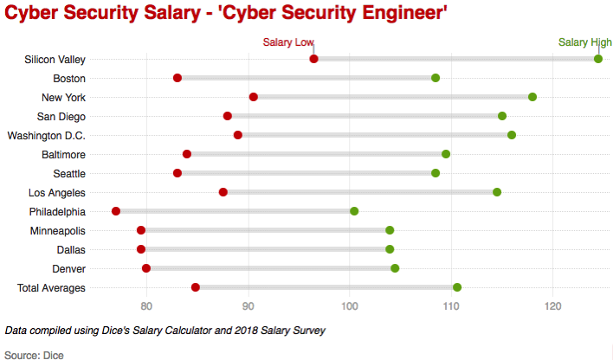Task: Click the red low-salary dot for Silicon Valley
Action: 313,59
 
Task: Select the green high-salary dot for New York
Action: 532,97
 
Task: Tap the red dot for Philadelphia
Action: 116,211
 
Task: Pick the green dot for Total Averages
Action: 457,287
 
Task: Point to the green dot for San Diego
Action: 502,116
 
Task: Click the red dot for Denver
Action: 146,268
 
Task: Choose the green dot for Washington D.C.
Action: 512,135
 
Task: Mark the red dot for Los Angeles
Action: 223,192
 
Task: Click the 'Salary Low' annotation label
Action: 289,42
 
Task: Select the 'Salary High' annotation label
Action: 584,42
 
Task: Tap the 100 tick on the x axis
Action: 349,305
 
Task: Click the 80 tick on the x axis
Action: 146,305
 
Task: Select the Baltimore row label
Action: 63,154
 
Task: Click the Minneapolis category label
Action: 57,230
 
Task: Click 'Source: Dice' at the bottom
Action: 35,354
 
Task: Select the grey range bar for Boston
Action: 306,78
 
